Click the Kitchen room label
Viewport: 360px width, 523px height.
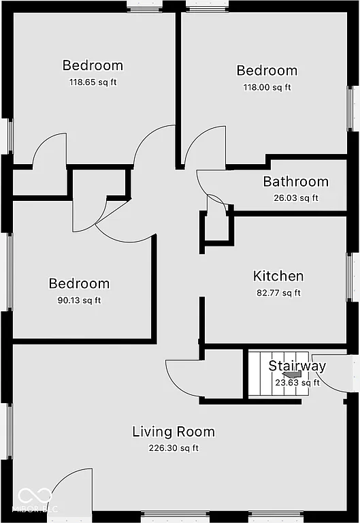click(x=278, y=276)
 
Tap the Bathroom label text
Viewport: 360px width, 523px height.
click(x=295, y=182)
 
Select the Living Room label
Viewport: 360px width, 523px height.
click(x=173, y=432)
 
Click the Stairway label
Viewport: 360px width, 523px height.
click(x=297, y=366)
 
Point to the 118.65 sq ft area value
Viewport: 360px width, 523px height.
click(x=93, y=82)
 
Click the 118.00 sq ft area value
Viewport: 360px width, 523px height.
click(x=267, y=87)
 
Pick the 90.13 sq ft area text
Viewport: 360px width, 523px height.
click(x=78, y=300)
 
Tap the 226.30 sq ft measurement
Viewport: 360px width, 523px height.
click(x=174, y=448)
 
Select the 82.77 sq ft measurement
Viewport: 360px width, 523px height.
click(x=278, y=293)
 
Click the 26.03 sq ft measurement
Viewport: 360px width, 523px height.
click(x=295, y=198)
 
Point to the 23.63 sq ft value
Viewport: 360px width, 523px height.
click(x=297, y=383)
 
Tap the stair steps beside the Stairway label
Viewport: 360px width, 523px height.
click(x=257, y=375)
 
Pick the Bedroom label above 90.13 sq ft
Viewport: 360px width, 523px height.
click(x=78, y=284)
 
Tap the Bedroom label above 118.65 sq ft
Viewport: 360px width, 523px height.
click(x=93, y=65)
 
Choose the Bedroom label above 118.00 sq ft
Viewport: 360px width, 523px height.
click(x=267, y=71)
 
